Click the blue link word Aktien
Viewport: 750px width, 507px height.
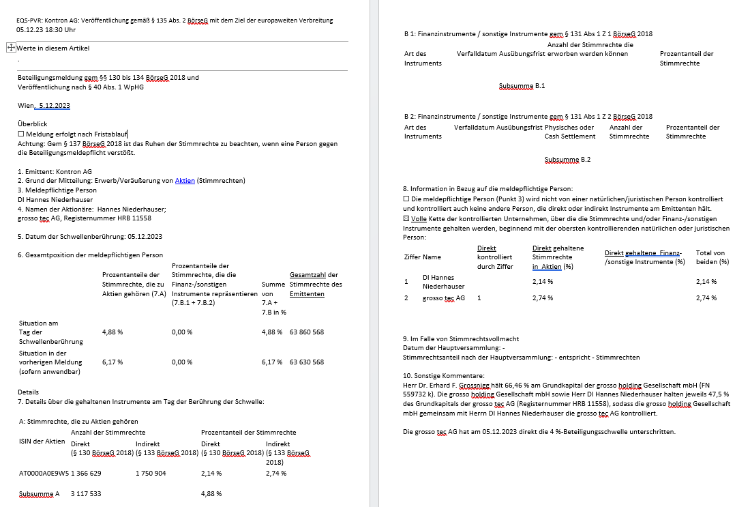[x=185, y=180]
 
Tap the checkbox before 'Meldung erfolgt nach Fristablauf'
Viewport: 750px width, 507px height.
[x=20, y=134]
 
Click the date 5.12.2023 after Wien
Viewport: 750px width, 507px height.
[x=55, y=105]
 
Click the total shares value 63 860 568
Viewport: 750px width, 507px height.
[x=307, y=332]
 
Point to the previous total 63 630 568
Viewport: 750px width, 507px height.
[x=307, y=362]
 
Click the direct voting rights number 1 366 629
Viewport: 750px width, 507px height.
[x=86, y=472]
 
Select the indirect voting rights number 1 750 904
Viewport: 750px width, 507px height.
[x=151, y=472]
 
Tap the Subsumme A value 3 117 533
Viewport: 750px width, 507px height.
[x=86, y=493]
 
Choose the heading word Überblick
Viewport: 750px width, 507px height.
[x=32, y=125]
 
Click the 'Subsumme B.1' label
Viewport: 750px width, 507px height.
[x=522, y=86]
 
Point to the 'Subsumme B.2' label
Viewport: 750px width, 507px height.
[x=567, y=159]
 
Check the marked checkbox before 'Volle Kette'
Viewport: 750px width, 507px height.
[x=406, y=218]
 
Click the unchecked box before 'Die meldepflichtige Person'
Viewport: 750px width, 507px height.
[x=406, y=199]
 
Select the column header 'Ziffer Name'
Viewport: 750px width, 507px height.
[x=423, y=257]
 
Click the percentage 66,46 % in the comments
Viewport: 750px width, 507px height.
[x=509, y=385]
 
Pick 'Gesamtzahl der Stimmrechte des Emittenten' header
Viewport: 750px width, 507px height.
[x=315, y=285]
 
